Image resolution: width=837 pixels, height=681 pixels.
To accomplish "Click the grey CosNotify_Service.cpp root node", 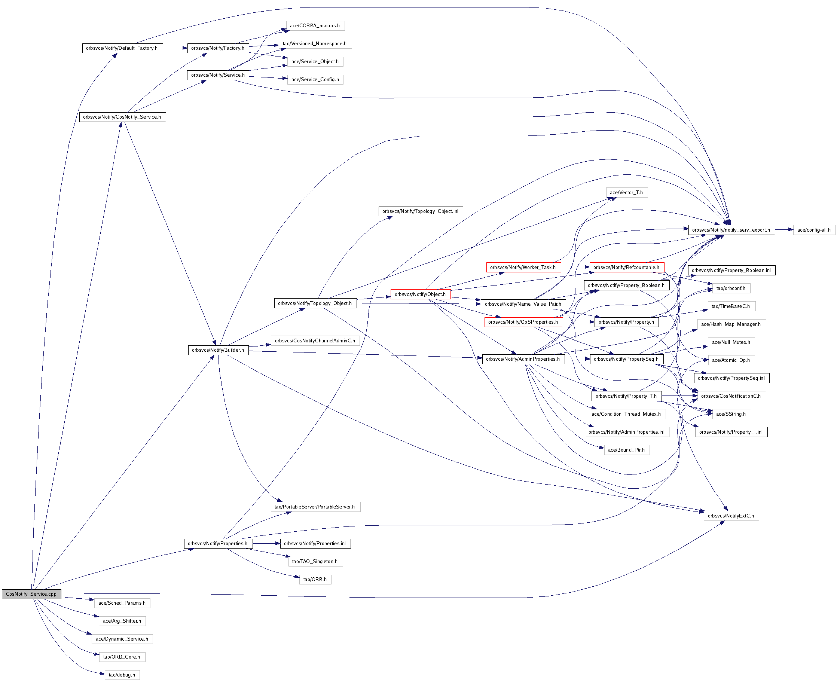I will (31, 594).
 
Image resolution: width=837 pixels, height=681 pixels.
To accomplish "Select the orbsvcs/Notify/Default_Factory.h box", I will (122, 48).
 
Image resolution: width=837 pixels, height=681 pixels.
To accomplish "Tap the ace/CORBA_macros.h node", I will (315, 26).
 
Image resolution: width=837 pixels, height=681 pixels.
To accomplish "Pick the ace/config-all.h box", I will (814, 230).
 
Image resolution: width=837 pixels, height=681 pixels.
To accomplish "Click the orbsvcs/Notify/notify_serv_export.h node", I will (731, 230).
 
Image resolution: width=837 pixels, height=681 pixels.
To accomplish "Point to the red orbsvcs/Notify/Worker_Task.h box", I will (523, 267).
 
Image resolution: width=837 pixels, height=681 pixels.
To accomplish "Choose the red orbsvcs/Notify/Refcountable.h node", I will (626, 267).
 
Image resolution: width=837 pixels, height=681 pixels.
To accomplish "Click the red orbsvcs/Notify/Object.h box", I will (421, 294).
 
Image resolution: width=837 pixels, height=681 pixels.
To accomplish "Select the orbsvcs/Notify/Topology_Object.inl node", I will (421, 211).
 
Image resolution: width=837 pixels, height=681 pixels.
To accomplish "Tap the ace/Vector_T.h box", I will (626, 193).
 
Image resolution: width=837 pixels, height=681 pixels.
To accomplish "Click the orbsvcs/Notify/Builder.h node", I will (218, 350).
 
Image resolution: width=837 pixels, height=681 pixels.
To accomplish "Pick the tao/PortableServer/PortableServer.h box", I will (315, 507).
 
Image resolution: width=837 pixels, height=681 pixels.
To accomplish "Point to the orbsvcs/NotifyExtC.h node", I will (731, 516).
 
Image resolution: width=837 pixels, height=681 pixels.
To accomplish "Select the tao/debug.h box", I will (122, 675).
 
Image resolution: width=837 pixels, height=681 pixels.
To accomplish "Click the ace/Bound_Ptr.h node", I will (626, 450).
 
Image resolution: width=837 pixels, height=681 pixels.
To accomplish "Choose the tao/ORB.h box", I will (315, 579).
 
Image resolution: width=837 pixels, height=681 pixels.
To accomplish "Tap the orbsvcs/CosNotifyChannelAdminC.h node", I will (315, 340).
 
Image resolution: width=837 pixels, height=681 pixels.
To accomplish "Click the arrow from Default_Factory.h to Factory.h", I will (175, 48).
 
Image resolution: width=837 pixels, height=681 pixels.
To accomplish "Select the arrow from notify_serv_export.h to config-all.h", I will (783, 230).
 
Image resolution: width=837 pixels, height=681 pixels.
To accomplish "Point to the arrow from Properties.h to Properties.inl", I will (266, 544).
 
